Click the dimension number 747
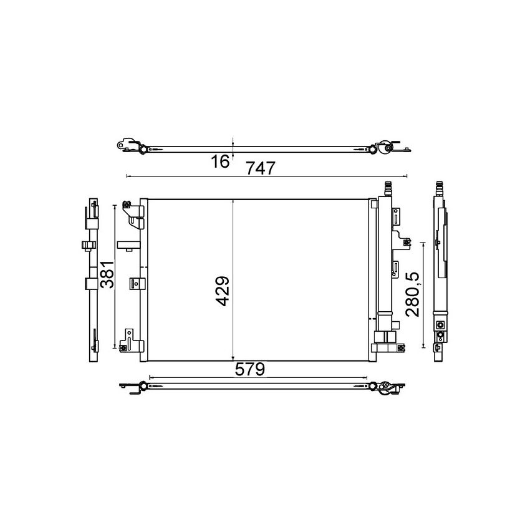coord(259,166)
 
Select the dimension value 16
coord(220,161)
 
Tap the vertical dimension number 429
coord(223,291)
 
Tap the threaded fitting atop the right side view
coord(441,187)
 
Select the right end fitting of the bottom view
coord(383,387)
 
